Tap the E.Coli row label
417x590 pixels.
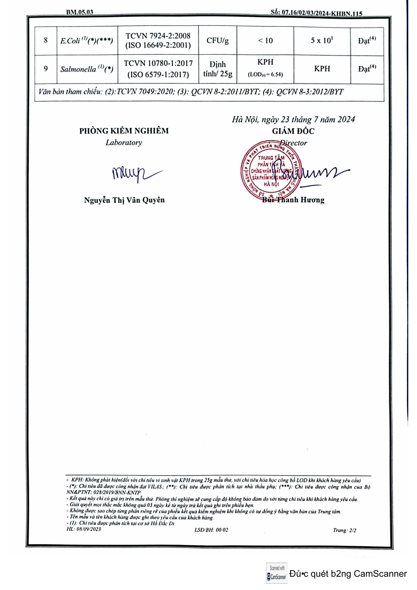(87, 41)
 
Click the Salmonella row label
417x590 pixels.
(87, 69)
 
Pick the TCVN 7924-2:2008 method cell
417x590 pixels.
(158, 40)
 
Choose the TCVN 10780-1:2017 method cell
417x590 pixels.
(158, 69)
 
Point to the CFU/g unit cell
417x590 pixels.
(217, 41)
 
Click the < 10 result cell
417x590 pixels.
(265, 41)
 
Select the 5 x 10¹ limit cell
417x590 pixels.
(322, 40)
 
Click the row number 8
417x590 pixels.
(46, 40)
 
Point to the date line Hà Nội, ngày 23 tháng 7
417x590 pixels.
(293, 120)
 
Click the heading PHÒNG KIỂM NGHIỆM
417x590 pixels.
(124, 131)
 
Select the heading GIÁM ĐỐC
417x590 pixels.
(293, 131)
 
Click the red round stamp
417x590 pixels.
(271, 170)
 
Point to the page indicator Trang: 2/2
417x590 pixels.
(344, 530)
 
